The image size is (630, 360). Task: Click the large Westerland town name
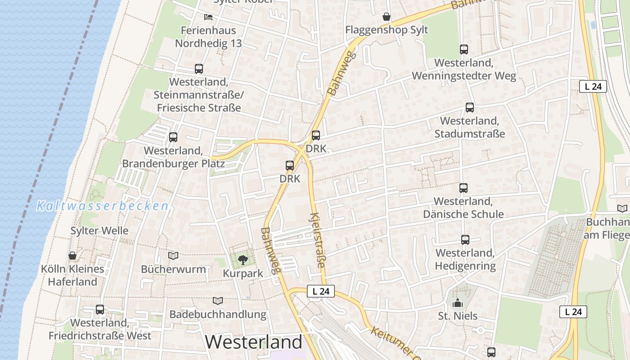[x=253, y=342]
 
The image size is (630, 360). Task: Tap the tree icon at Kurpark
[x=243, y=260]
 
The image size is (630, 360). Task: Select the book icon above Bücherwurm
[x=173, y=256]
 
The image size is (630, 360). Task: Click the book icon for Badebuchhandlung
[x=218, y=301]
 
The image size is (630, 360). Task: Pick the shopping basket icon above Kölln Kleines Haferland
[x=72, y=256]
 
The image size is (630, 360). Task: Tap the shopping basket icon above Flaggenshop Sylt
[x=386, y=17]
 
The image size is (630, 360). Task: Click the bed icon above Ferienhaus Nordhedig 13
[x=208, y=17]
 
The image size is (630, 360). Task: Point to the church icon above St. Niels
[x=458, y=303]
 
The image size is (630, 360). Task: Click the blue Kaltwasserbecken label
[x=103, y=206]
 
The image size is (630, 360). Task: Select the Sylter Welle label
[x=99, y=231]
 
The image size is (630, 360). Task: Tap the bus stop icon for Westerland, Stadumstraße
[x=469, y=108]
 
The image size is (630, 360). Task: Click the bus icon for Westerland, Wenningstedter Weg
[x=464, y=49]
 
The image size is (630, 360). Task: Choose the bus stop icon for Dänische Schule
[x=463, y=188]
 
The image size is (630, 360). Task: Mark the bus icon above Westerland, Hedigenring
[x=465, y=240]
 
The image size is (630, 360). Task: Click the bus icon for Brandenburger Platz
[x=173, y=137]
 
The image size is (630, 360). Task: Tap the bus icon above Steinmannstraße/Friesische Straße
[x=198, y=69]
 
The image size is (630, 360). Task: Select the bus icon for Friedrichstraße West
[x=100, y=310]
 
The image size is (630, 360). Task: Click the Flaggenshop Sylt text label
[x=387, y=30]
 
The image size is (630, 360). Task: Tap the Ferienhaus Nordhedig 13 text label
[x=208, y=37]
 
